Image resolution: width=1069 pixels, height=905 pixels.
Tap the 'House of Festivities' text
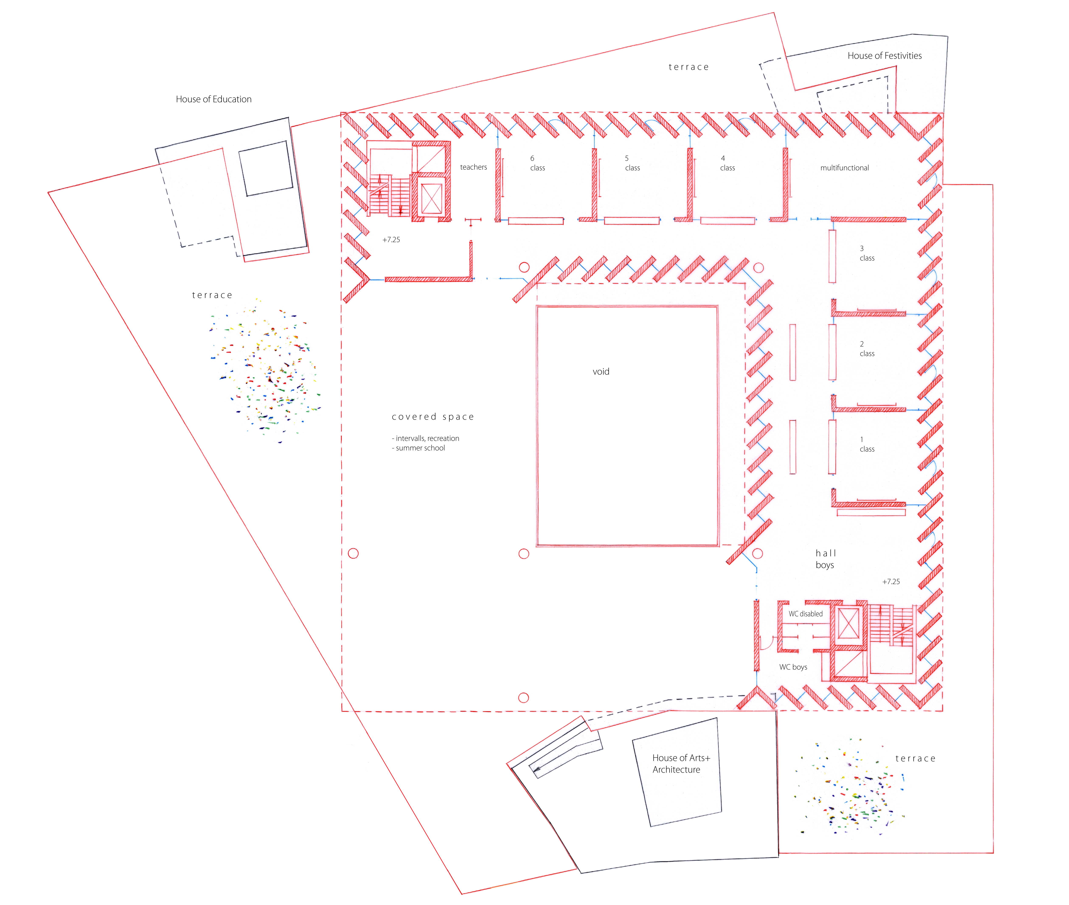tap(884, 55)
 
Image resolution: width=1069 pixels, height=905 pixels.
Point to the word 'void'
tap(601, 371)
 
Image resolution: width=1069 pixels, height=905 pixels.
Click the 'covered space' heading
tap(433, 417)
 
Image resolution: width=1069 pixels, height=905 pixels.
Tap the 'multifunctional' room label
tap(844, 168)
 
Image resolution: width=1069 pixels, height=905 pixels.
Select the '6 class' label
tap(537, 163)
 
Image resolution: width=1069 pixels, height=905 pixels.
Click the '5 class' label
tap(632, 163)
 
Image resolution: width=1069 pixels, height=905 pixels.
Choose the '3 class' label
tap(867, 253)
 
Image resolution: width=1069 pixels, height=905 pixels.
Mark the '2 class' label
tap(867, 349)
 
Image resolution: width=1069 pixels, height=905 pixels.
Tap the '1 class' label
tap(867, 444)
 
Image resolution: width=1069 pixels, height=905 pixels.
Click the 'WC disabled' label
tap(805, 614)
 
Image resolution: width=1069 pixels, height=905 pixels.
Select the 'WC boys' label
tap(793, 667)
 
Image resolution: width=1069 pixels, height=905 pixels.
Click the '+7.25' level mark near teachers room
tap(391, 240)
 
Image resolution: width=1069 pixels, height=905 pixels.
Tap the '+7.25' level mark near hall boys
tap(891, 582)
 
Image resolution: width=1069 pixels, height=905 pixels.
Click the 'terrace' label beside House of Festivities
tap(688, 67)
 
